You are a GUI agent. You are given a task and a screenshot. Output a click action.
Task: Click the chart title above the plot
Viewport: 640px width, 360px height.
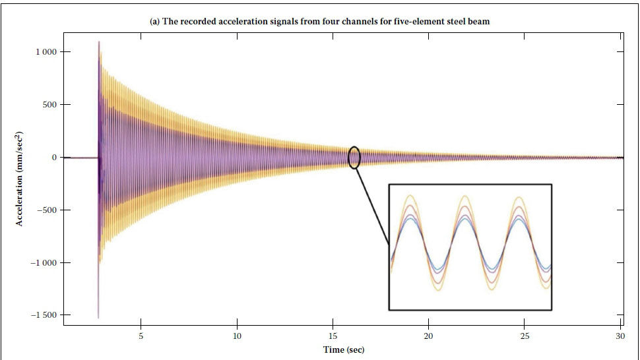pos(319,22)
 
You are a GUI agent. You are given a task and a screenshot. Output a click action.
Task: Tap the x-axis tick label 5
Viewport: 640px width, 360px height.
pos(141,336)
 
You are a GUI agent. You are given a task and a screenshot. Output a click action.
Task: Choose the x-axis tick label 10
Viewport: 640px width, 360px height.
pos(237,336)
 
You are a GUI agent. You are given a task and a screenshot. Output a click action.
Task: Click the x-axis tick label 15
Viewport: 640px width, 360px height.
pos(333,336)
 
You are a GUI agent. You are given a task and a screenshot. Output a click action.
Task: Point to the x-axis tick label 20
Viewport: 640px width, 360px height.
pos(428,336)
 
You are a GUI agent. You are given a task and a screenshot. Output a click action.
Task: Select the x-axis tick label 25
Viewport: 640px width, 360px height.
pos(525,336)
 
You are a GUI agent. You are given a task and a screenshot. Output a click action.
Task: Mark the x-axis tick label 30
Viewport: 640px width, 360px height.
pos(620,336)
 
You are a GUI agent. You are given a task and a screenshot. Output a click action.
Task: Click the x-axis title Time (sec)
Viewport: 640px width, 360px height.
pos(343,349)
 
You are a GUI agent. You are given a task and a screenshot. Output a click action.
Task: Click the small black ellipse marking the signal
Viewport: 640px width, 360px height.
pos(354,158)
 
